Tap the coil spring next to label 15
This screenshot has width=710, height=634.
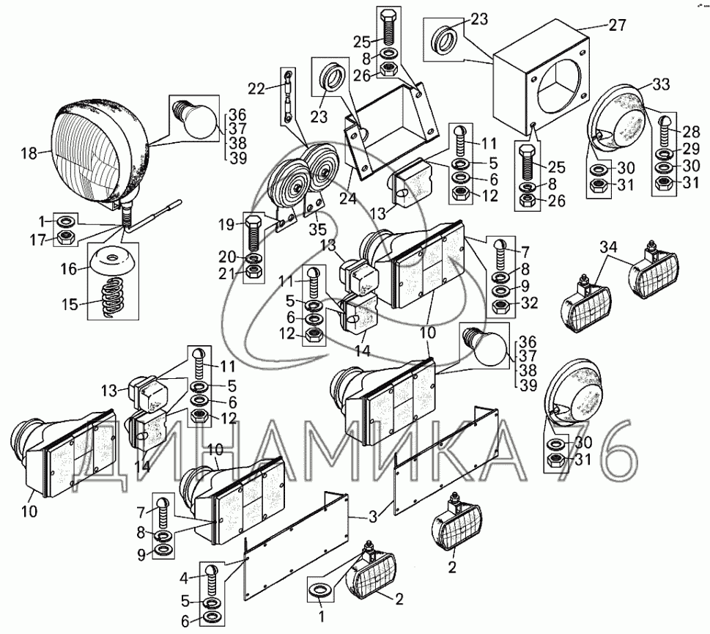pos(112,297)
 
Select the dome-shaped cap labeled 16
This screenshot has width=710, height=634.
pos(112,262)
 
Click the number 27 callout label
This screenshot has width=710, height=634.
pos(617,26)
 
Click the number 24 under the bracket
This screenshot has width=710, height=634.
pos(348,199)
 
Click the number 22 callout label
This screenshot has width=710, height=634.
pos(256,88)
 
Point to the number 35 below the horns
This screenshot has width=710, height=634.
pos(317,229)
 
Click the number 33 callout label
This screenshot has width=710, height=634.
pos(661,84)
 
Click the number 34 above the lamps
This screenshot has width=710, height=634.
pos(609,248)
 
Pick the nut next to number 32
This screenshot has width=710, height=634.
pos(500,307)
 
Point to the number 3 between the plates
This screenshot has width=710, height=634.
pos(373,517)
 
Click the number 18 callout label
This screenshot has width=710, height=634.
pos(29,152)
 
